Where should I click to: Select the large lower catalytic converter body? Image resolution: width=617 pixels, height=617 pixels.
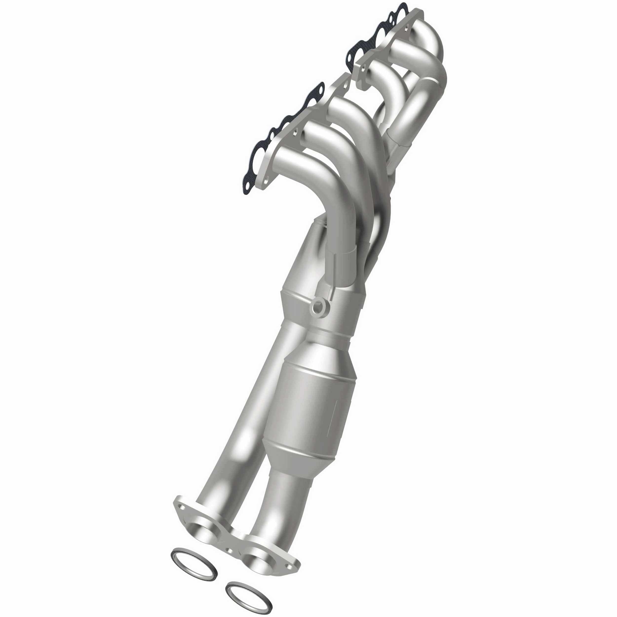(315, 399)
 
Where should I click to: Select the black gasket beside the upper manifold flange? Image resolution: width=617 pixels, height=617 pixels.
(377, 35)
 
